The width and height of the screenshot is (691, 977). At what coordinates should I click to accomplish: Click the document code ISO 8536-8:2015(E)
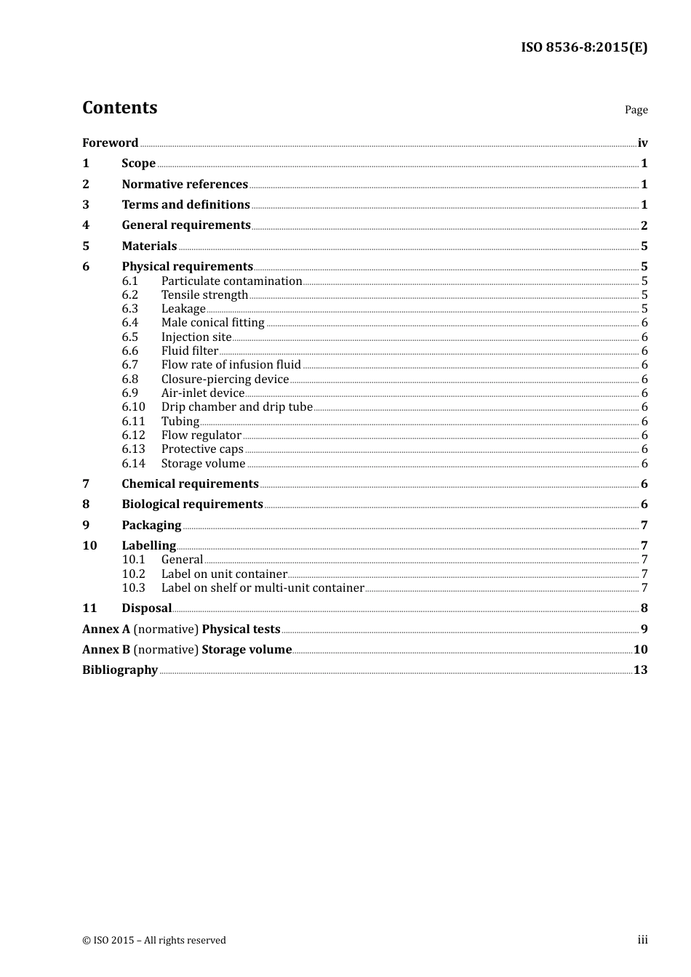583,48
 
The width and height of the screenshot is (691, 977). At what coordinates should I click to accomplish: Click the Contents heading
119,108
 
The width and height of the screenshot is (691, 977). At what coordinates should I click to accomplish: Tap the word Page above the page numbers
636,110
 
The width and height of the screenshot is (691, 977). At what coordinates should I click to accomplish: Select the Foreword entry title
110,143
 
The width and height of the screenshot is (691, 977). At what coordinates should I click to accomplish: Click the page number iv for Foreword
642,143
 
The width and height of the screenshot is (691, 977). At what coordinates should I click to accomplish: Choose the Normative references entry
185,185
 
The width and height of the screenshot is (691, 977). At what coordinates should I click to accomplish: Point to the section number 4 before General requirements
86,225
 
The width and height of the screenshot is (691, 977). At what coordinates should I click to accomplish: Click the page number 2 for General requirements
644,225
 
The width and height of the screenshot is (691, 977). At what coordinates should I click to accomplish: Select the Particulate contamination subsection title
231,281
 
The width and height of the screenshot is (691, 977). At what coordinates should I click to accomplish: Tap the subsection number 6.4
130,323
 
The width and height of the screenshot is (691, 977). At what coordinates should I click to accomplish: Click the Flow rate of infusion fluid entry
231,365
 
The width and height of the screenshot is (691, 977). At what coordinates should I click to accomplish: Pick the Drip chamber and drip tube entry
236,407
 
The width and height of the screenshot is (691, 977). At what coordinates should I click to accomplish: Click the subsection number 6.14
133,464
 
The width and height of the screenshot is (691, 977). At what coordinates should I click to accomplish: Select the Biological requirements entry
192,504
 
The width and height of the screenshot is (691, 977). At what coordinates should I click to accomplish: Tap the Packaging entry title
151,526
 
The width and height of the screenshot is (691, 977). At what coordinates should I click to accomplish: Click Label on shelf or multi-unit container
263,588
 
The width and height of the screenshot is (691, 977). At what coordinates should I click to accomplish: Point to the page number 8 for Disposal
644,608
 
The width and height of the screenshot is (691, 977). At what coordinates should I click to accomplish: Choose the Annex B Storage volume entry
187,650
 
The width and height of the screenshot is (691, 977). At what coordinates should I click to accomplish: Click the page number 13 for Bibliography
640,670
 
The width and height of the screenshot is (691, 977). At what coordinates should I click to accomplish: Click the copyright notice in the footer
154,941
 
